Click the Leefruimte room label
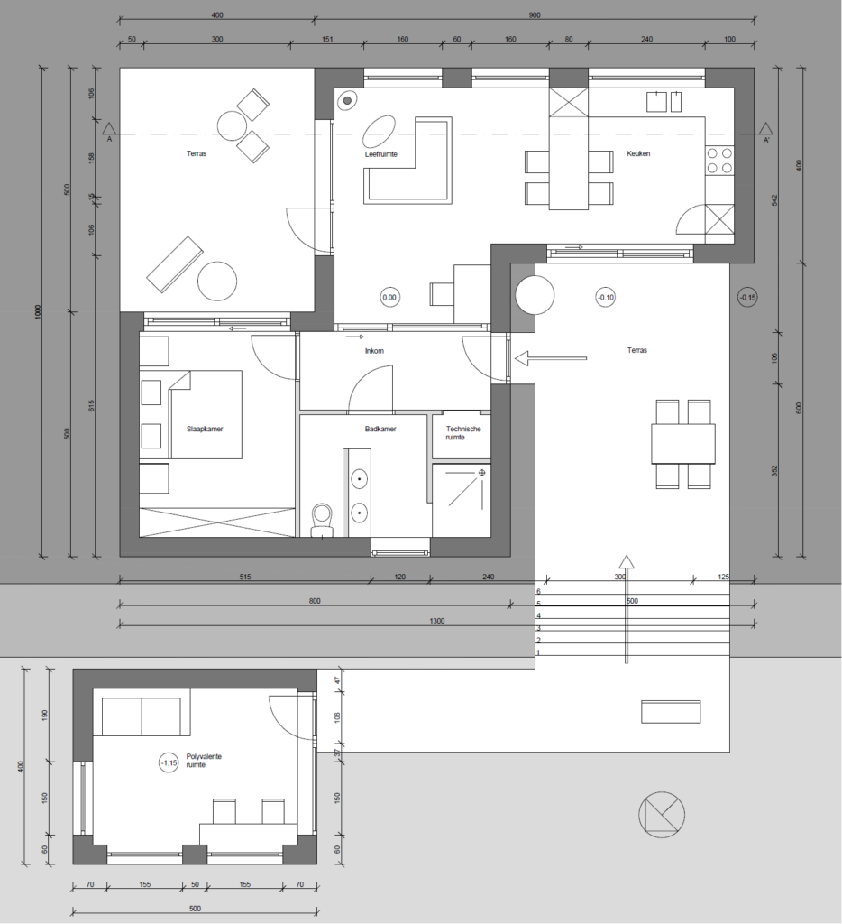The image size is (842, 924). [x=381, y=154]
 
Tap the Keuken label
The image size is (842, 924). [x=638, y=153]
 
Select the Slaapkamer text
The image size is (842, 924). [x=205, y=429]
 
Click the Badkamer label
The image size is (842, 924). [x=380, y=429]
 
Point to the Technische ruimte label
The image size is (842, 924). [x=463, y=433]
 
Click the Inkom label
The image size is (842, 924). [x=374, y=351]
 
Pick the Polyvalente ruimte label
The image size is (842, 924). [x=204, y=760]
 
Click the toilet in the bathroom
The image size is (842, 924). [x=322, y=520]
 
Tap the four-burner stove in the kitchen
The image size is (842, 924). [x=719, y=161]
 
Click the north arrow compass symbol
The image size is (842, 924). [x=661, y=815]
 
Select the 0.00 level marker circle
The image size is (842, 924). [x=389, y=298]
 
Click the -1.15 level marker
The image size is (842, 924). [x=169, y=763]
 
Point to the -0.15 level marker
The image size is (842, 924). [x=747, y=298]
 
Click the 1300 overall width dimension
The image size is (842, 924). [x=437, y=621]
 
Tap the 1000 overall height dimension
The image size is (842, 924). [x=38, y=311]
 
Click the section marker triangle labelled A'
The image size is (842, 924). [x=765, y=129]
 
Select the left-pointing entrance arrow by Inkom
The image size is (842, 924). [x=551, y=358]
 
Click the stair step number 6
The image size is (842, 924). [x=538, y=592]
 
